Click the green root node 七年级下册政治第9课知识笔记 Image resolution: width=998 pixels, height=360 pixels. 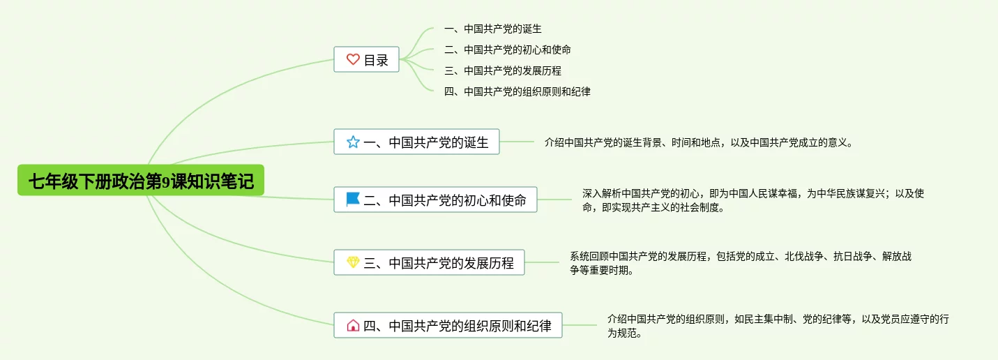[x=141, y=181]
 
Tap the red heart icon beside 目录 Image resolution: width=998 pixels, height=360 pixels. [x=353, y=60]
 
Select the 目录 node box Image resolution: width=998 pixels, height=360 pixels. [x=367, y=60]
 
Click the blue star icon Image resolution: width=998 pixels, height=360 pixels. [x=353, y=142]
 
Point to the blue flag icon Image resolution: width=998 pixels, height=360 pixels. [x=353, y=200]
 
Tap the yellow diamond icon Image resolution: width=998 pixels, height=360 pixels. [x=353, y=263]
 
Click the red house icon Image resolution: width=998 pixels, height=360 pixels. [x=353, y=325]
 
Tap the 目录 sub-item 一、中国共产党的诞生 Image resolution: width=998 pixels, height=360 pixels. [x=493, y=29]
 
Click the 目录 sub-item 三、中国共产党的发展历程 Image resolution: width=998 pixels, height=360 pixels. [x=503, y=70]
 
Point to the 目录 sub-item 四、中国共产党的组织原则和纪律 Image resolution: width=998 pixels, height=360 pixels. [x=517, y=91]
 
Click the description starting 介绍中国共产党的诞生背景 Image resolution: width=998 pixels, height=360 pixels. [x=699, y=142]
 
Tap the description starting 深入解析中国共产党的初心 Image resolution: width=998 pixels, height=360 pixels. [x=753, y=200]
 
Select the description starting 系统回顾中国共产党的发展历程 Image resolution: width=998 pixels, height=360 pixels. [x=741, y=263]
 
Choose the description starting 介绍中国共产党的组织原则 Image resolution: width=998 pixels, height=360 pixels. [x=778, y=326]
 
